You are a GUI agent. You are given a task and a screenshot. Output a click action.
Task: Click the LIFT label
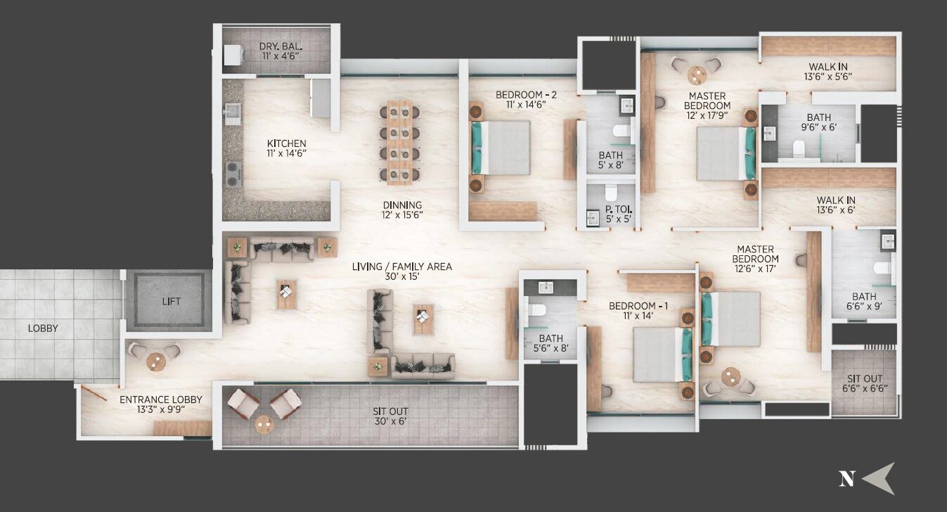click(x=171, y=302)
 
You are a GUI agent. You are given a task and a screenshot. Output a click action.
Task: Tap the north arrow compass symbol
click(x=878, y=478)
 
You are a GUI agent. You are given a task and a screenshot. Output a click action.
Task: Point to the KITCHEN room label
click(x=286, y=143)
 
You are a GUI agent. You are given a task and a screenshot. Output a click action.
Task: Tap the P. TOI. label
click(x=611, y=208)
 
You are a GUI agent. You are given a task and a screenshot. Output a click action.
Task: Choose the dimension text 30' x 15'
click(x=402, y=279)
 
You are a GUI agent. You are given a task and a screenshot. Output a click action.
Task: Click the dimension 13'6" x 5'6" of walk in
click(x=830, y=77)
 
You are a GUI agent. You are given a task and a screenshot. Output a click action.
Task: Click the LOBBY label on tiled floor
click(x=43, y=328)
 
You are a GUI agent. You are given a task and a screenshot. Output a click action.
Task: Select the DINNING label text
click(x=402, y=205)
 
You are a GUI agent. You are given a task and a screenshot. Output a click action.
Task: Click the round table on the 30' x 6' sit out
click(x=264, y=424)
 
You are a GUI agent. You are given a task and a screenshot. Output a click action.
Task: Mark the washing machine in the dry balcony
click(x=233, y=55)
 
